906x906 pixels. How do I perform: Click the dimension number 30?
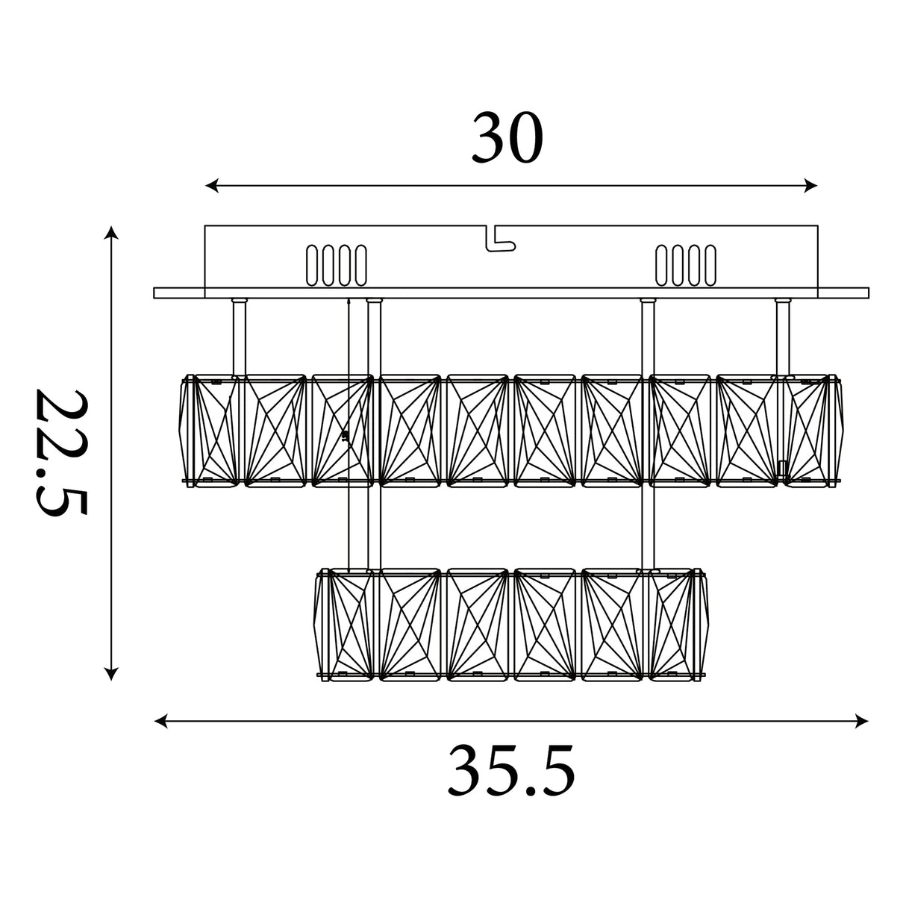tap(507, 138)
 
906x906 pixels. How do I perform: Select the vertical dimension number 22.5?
tap(62, 452)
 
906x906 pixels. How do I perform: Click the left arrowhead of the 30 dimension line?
tap(211, 186)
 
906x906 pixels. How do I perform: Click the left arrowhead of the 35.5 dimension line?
tap(160, 721)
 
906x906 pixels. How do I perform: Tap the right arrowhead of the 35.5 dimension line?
tap(862, 721)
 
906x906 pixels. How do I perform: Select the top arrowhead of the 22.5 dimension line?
tap(110, 232)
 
